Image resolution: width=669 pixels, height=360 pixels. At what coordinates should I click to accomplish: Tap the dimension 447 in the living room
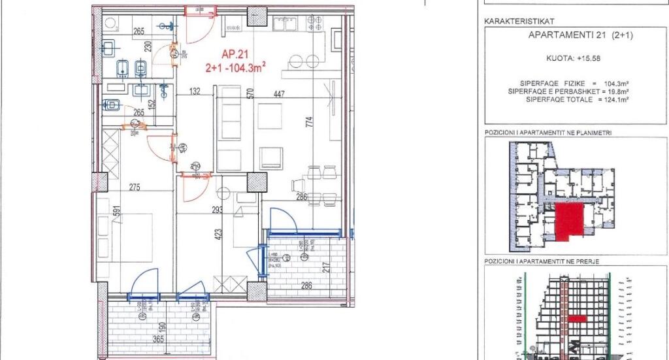tap(279, 94)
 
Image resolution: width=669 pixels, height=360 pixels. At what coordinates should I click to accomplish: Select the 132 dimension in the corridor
tap(194, 92)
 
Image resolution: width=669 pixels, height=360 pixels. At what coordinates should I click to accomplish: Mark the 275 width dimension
tap(135, 188)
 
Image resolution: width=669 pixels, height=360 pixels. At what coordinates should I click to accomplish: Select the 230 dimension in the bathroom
tap(148, 47)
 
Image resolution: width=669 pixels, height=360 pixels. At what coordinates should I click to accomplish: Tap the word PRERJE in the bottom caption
tap(587, 261)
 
